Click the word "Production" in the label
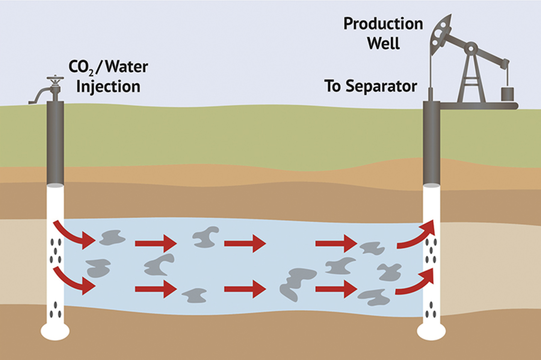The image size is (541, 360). [383, 24]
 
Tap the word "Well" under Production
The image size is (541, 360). [383, 43]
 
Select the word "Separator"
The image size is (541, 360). [381, 86]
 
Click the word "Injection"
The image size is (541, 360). [108, 87]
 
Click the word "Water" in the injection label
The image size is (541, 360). [127, 67]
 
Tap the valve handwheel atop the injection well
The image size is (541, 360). [55, 79]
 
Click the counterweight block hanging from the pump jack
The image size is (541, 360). [507, 94]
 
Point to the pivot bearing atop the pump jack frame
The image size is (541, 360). [471, 48]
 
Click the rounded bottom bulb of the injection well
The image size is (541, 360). [55, 331]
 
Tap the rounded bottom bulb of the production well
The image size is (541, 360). [431, 331]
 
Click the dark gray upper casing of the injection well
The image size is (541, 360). [55, 143]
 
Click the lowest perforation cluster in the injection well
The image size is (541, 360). [56, 310]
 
